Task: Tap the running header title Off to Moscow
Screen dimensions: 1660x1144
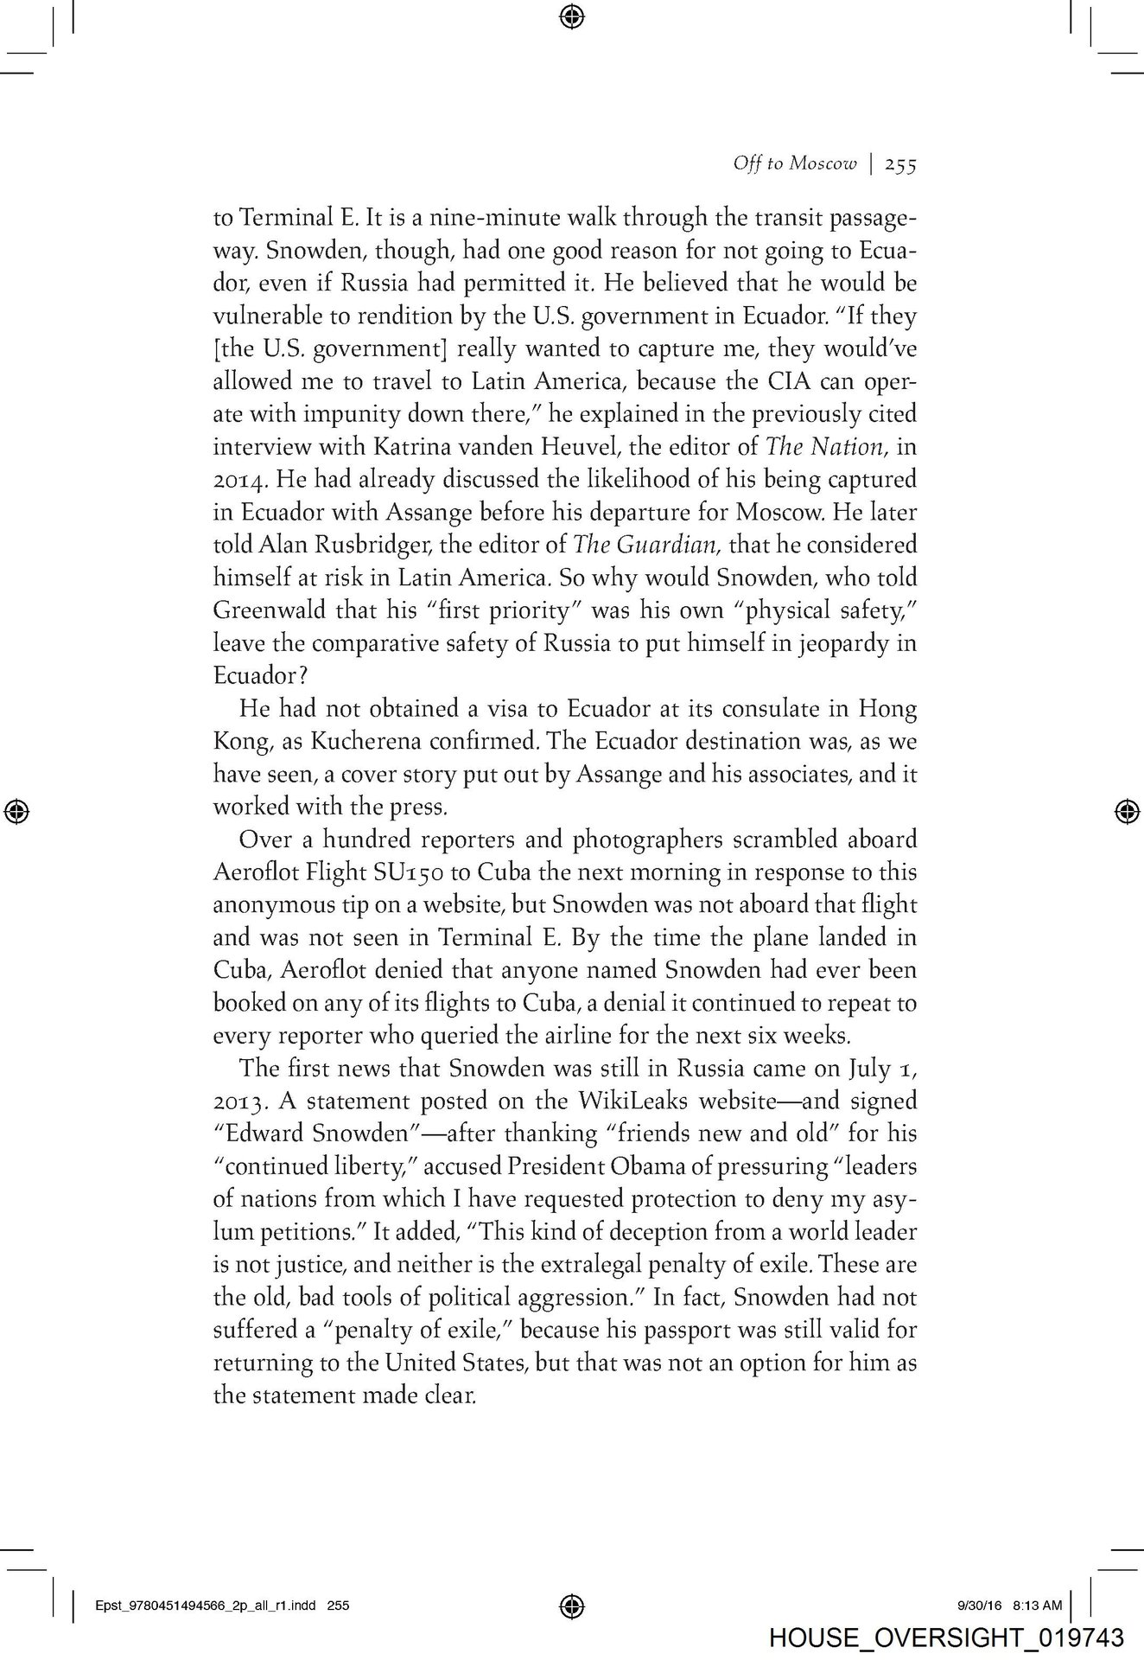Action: point(794,163)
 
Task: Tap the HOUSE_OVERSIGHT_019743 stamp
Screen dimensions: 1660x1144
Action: point(946,1638)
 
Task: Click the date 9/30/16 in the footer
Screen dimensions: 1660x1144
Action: point(979,1606)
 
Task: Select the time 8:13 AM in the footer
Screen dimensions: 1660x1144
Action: point(1038,1606)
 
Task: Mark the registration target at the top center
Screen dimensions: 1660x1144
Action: point(572,16)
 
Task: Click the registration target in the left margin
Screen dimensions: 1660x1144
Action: point(17,810)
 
